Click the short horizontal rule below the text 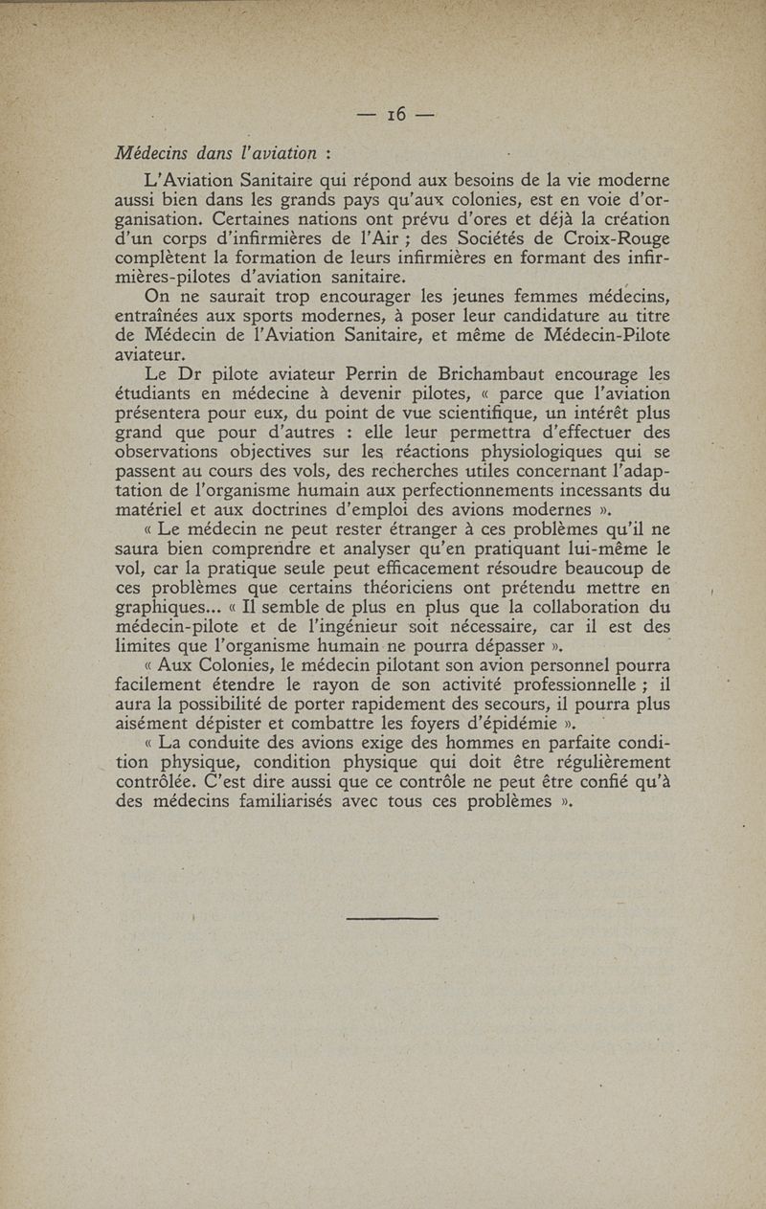pos(391,919)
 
